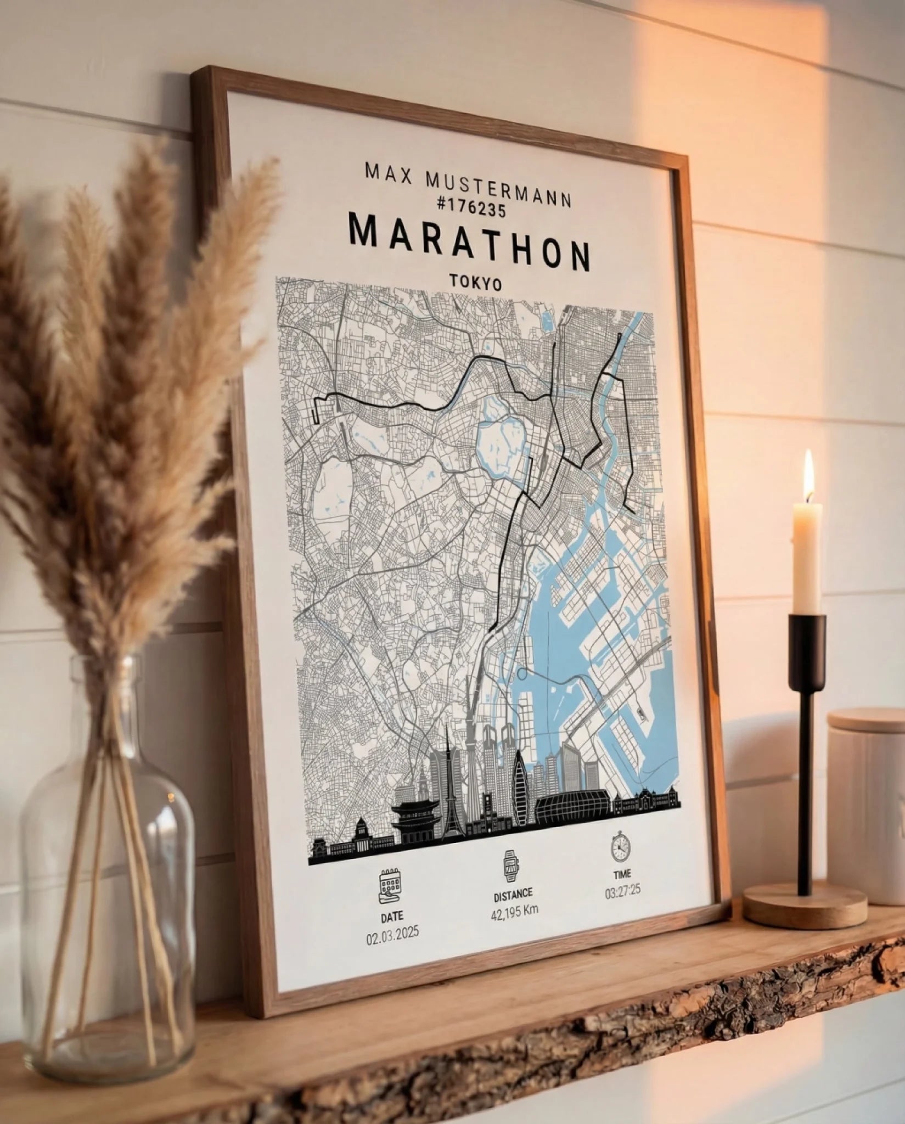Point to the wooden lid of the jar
click(x=866, y=721)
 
